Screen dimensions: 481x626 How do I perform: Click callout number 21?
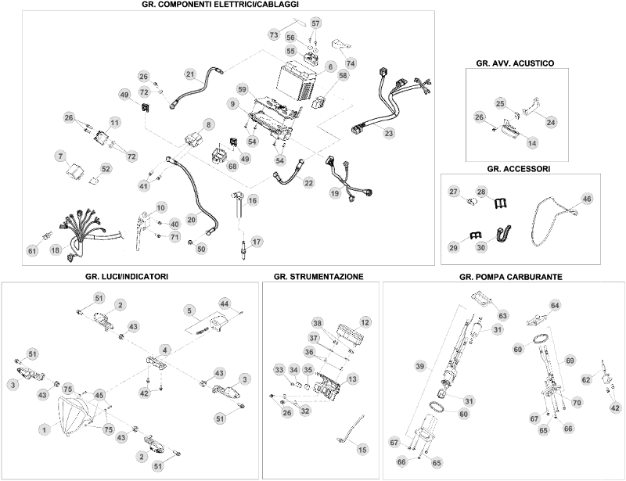[x=190, y=74]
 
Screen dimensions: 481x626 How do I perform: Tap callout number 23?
[x=388, y=133]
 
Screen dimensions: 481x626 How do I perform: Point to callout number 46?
[x=586, y=199]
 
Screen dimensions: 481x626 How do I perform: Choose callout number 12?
[x=365, y=322]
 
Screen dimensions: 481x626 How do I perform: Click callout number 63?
[x=503, y=316]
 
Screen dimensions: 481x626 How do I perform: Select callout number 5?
[x=190, y=310]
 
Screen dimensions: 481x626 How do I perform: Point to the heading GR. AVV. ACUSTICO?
[x=515, y=61]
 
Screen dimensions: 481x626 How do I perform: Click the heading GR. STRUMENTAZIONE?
[x=318, y=277]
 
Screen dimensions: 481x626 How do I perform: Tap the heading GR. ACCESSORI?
[x=519, y=168]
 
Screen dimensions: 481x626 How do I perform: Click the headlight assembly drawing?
[x=77, y=418]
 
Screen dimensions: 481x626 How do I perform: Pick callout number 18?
[x=55, y=250]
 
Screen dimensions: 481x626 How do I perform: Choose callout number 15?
[x=362, y=449]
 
